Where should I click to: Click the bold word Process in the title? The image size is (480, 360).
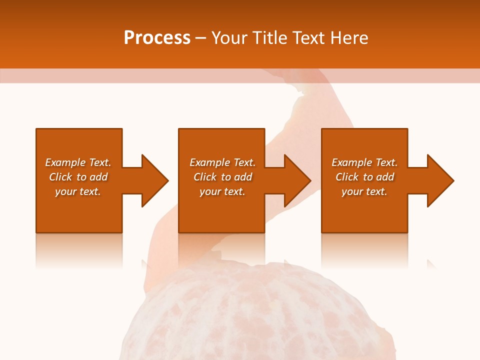click(157, 38)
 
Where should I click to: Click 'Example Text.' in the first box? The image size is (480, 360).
click(78, 162)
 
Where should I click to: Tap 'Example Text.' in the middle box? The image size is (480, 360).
click(222, 162)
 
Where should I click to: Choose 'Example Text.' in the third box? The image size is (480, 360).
click(364, 162)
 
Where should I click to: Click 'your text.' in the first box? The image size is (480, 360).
click(78, 191)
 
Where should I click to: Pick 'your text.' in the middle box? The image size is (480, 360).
click(222, 191)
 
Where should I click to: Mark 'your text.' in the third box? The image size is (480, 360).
click(364, 191)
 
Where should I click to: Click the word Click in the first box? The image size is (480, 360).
click(60, 177)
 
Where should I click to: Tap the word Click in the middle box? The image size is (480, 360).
click(205, 177)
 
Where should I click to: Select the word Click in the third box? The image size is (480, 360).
click(347, 177)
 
